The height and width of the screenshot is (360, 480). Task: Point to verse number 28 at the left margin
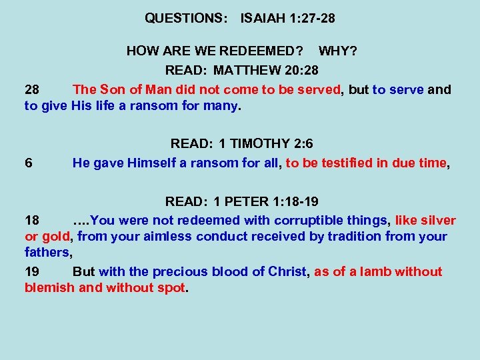pyautogui.click(x=32, y=89)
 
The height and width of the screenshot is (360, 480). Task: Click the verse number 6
pyautogui.click(x=29, y=162)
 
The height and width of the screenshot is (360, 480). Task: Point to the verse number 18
pyautogui.click(x=32, y=221)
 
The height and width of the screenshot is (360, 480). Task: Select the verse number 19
pyautogui.click(x=32, y=271)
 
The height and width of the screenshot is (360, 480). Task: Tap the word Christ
pyautogui.click(x=289, y=271)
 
